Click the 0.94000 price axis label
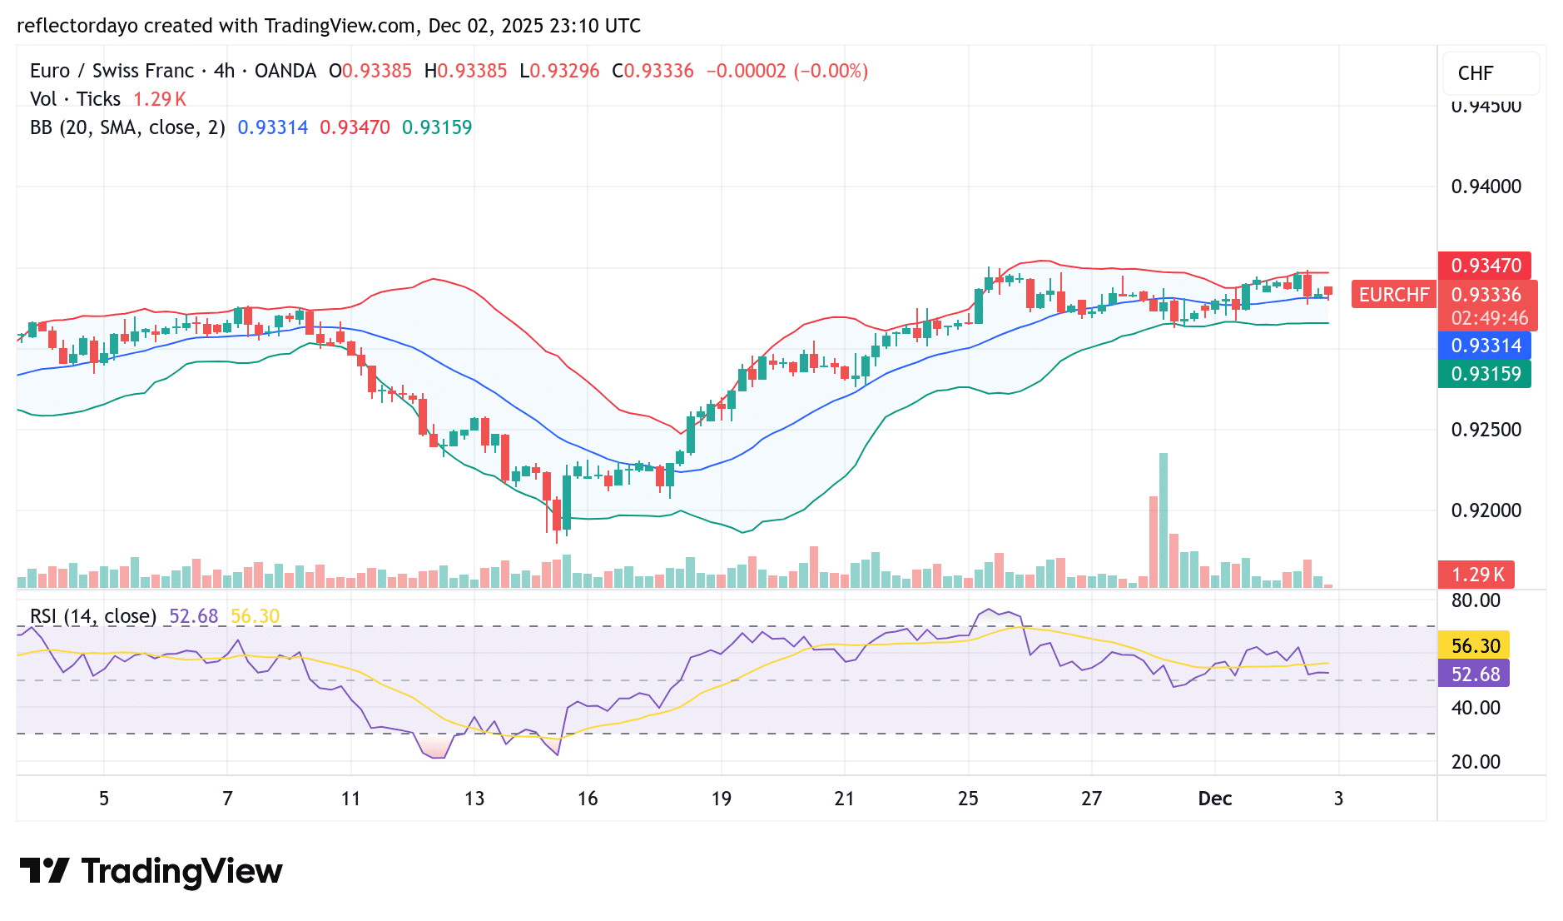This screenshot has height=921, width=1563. click(x=1486, y=187)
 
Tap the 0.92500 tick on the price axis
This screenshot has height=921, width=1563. click(x=1486, y=430)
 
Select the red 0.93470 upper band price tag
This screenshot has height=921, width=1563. click(x=1486, y=266)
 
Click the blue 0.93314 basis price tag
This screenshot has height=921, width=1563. click(x=1486, y=346)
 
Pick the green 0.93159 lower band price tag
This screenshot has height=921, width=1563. click(x=1486, y=374)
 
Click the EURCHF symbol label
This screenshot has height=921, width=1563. click(x=1393, y=295)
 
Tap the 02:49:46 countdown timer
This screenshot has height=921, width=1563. click(x=1489, y=318)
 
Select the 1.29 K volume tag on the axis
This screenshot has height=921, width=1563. click(x=1477, y=575)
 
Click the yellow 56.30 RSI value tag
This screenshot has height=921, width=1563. click(x=1475, y=646)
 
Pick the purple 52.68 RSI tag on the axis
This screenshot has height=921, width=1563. click(x=1475, y=674)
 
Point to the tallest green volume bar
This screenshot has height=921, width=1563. click(x=1164, y=520)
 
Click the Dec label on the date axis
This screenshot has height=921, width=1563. click(x=1214, y=799)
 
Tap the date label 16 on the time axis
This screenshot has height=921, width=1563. click(x=588, y=799)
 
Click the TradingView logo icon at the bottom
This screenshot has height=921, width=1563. click(x=43, y=871)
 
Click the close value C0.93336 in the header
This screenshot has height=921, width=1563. click(x=652, y=71)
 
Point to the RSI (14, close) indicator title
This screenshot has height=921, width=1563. click(x=93, y=616)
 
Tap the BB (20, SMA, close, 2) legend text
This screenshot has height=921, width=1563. click(x=127, y=127)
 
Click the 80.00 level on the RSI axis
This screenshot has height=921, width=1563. click(x=1475, y=600)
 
